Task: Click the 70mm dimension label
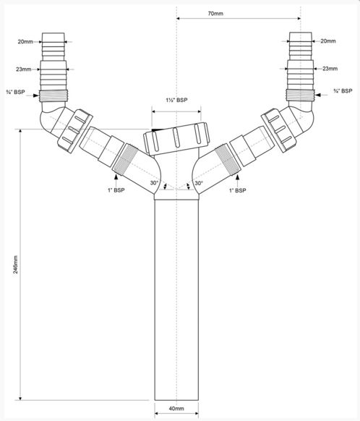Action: [x=215, y=14]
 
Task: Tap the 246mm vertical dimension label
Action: [x=16, y=265]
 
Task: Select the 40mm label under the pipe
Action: [x=176, y=409]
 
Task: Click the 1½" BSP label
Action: [x=176, y=100]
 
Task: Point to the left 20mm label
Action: [x=25, y=42]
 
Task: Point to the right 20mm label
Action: [x=328, y=41]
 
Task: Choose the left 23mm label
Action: [x=24, y=69]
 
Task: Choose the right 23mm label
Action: [x=330, y=69]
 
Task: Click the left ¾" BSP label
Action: [x=16, y=92]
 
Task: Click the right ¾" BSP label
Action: [x=343, y=91]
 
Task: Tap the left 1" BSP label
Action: [x=116, y=190]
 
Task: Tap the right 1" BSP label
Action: [x=237, y=190]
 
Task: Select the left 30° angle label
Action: [x=154, y=183]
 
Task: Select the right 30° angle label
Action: [x=199, y=183]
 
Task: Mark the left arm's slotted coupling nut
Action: [x=75, y=131]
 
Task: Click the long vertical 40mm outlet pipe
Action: [x=176, y=300]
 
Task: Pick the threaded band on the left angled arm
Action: [x=125, y=159]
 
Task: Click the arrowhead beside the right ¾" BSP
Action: [x=318, y=95]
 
